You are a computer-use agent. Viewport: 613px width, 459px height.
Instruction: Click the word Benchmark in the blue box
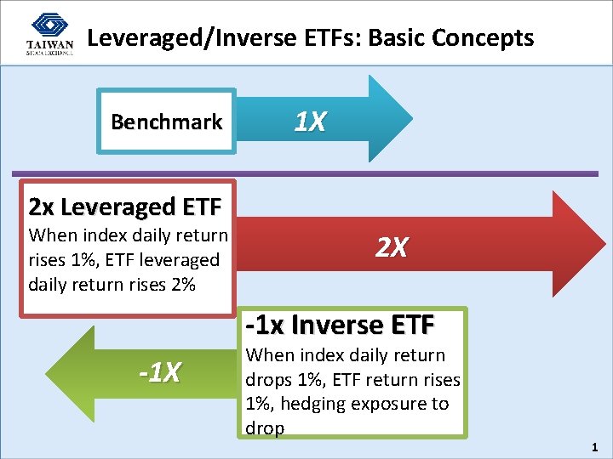pos(167,122)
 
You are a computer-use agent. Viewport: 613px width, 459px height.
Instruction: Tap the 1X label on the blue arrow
pos(310,122)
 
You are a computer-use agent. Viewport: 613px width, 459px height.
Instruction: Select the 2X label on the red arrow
pos(392,247)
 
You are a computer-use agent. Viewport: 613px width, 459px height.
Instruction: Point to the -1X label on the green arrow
pos(160,371)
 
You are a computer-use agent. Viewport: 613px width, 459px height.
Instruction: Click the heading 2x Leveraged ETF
pos(125,207)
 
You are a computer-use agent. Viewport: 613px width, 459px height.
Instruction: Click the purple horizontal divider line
pos(306,174)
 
